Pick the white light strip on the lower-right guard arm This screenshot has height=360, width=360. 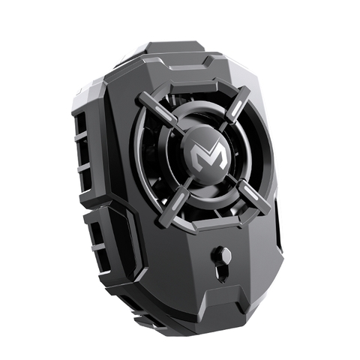click(x=250, y=193)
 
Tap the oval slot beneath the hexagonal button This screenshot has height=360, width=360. click(x=223, y=274)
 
